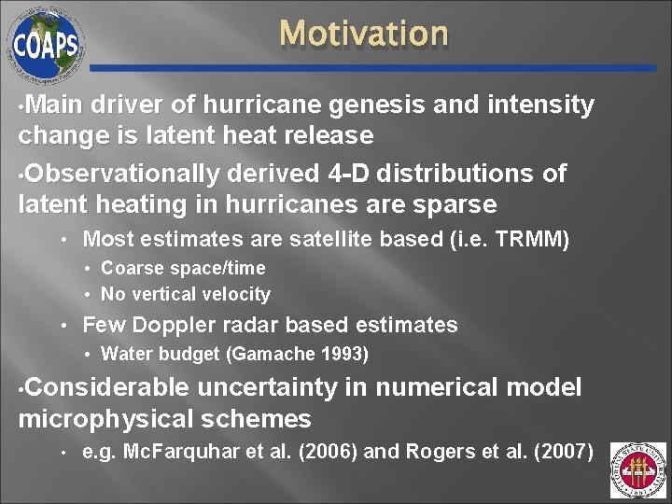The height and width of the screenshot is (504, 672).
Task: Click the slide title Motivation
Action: click(x=364, y=34)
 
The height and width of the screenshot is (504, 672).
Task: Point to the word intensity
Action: click(x=540, y=106)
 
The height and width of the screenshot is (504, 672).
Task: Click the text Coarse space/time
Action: click(x=183, y=269)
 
